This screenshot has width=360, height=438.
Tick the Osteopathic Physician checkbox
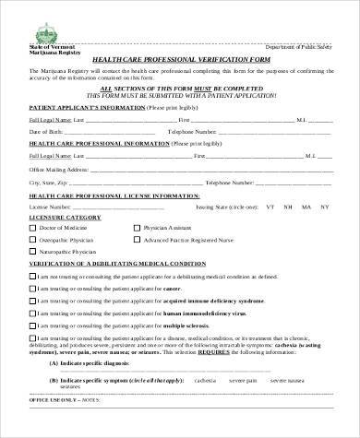(32, 239)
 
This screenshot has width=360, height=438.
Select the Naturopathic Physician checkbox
(32, 251)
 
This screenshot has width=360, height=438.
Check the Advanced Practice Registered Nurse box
(138, 239)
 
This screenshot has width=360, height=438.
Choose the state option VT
(270, 207)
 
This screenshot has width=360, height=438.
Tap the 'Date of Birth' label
(47, 131)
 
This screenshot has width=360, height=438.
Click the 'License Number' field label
(49, 207)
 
